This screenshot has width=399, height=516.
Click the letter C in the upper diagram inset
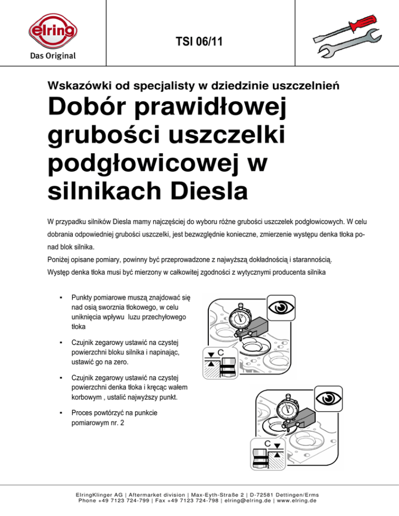point(220,353)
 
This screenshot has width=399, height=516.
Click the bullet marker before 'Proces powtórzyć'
point(61,413)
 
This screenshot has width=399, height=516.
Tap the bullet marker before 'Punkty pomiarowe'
point(61,298)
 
